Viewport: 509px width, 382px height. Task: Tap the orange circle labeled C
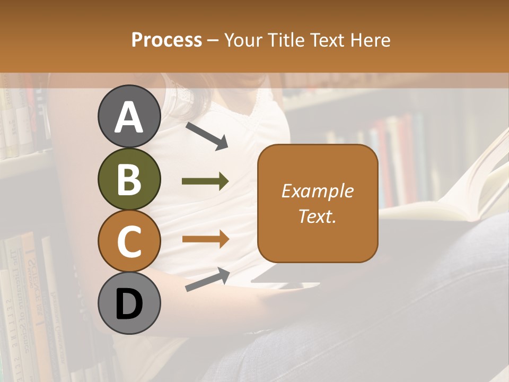(129, 241)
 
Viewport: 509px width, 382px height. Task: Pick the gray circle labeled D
(129, 304)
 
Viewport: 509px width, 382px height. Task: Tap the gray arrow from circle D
(207, 280)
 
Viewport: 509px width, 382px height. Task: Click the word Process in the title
(166, 40)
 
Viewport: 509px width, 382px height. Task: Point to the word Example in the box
(318, 191)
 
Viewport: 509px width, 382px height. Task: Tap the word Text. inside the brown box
(318, 216)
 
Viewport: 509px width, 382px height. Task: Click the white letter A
(129, 117)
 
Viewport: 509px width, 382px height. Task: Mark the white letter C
(129, 242)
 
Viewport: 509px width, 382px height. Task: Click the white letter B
(129, 179)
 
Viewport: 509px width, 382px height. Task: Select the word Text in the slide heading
(327, 40)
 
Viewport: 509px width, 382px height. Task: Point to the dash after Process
(213, 41)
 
